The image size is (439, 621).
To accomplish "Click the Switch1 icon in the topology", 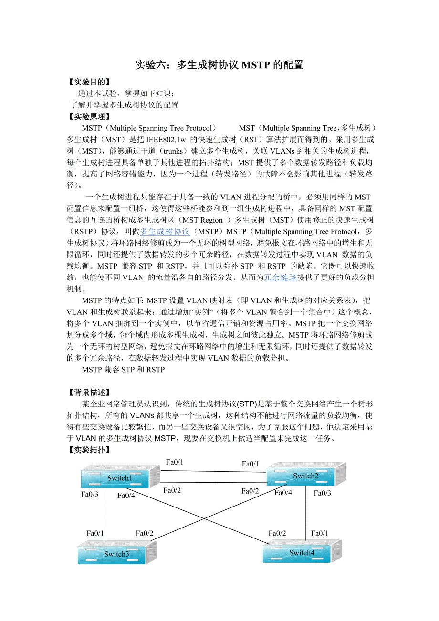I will pos(119,477).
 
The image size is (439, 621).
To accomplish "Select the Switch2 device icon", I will pos(305,476).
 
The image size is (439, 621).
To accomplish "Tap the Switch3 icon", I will pos(116,554).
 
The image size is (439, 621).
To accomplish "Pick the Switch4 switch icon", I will pos(302,552).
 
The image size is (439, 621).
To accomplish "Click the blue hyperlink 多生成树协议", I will pos(165,231).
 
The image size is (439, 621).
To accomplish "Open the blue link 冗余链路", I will pos(281,277).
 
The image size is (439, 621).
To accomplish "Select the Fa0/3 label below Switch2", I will pos(322,493).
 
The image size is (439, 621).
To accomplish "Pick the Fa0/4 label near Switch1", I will pos(126,495).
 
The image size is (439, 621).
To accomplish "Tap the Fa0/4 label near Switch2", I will pos(283,492).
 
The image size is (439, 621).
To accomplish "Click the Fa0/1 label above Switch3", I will pos(95,533).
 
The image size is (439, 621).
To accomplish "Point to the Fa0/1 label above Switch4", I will pos(320,533).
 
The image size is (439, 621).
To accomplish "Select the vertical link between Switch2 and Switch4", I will pos(306,515).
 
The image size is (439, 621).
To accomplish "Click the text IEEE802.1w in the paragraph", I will pos(167,140).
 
